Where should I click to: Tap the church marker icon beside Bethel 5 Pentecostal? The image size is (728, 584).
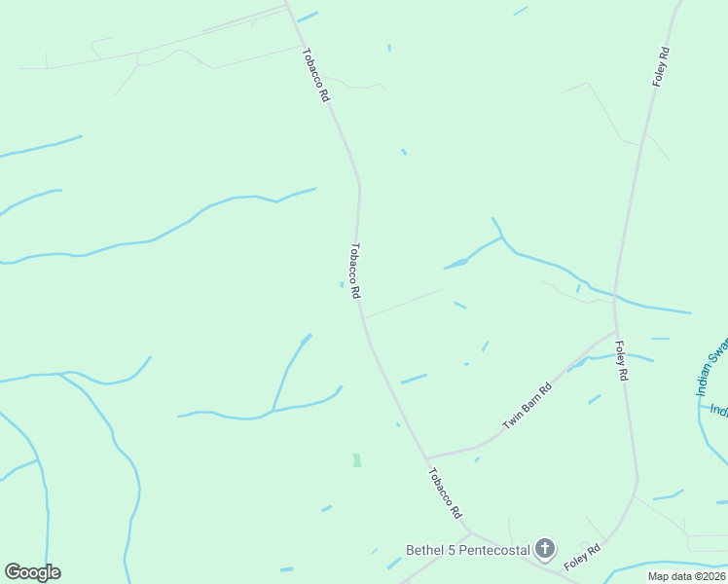pyautogui.click(x=545, y=550)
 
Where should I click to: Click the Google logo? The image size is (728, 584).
pyautogui.click(x=32, y=572)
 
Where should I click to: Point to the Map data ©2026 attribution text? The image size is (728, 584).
pyautogui.click(x=686, y=576)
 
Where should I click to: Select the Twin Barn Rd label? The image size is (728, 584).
pyautogui.click(x=528, y=406)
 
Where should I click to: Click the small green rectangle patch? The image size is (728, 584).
pyautogui.click(x=357, y=460)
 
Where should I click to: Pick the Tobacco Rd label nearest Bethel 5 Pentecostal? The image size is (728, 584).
pyautogui.click(x=444, y=493)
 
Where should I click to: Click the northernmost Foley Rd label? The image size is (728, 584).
pyautogui.click(x=661, y=66)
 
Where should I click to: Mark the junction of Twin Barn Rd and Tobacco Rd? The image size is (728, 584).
pyautogui.click(x=427, y=457)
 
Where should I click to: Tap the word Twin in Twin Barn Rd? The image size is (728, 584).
pyautogui.click(x=511, y=420)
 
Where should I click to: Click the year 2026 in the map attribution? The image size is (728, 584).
pyautogui.click(x=712, y=576)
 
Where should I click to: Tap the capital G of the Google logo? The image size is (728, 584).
pyautogui.click(x=13, y=572)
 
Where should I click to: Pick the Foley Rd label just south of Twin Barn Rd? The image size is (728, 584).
pyautogui.click(x=621, y=360)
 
